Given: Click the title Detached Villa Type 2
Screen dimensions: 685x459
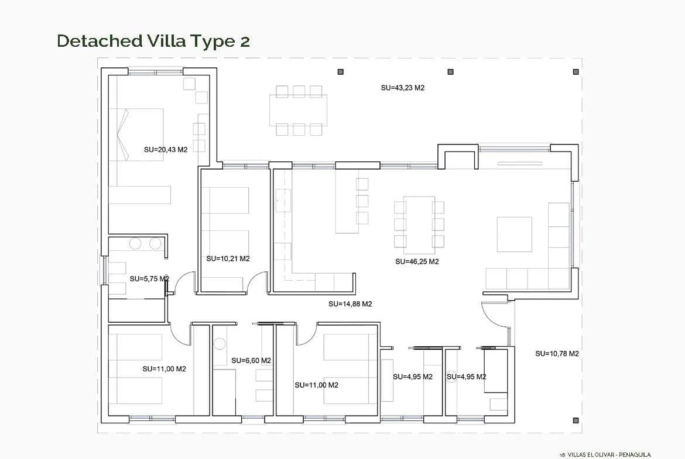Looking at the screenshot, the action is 153,41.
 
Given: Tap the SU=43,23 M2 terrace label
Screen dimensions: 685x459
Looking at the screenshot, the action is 402,88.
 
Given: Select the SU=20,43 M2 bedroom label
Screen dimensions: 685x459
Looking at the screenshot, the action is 166,150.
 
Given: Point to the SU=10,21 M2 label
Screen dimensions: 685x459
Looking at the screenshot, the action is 228,258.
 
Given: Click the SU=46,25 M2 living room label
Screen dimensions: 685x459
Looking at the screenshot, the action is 417,262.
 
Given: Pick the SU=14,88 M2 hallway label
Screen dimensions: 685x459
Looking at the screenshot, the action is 350,304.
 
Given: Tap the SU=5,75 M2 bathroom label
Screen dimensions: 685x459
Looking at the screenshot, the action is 149,279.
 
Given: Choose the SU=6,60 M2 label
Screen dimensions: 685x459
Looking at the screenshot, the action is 251,361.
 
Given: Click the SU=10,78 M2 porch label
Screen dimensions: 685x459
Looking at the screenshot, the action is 557,354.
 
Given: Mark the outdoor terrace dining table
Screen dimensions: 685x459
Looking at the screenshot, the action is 299,110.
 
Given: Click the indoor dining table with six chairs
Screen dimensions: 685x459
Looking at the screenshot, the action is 419,225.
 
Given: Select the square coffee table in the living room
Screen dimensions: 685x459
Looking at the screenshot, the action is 514,234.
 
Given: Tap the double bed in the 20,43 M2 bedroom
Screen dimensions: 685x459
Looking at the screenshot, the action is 136,135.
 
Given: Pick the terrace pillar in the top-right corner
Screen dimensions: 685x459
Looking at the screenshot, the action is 576,72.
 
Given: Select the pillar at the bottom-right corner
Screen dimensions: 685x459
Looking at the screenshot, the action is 576,420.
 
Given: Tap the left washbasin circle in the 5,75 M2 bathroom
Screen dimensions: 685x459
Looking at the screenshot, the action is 135,243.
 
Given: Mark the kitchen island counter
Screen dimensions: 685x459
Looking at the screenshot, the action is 347,201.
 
